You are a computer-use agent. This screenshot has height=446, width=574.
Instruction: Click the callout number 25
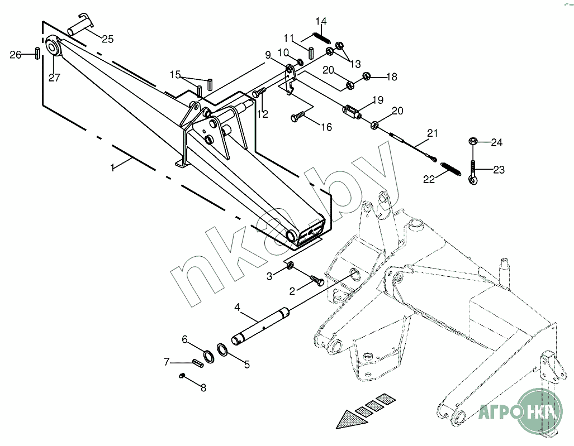point(107,39)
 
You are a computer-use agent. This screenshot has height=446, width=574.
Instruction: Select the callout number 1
point(113,167)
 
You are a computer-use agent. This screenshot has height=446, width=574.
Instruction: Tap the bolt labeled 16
point(296,116)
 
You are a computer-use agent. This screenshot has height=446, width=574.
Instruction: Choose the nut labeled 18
point(367,75)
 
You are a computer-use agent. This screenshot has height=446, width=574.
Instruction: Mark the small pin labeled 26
point(36,54)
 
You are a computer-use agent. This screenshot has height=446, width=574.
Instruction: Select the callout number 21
point(432,133)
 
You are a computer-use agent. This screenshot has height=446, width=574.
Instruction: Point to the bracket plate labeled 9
point(290,78)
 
